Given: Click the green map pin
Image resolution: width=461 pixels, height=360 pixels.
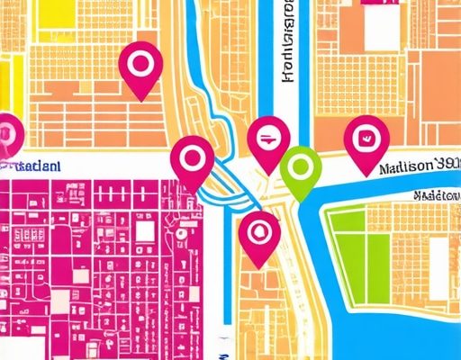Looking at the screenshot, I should tap(301, 166).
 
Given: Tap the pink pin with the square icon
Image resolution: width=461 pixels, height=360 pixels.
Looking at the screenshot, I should tap(365, 140).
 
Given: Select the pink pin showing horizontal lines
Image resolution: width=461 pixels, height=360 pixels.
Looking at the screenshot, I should tap(268, 140).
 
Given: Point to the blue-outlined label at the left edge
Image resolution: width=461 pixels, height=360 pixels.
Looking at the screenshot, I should tap(32, 166).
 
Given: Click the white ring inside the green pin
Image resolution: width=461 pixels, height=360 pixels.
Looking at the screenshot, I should tap(301, 164).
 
